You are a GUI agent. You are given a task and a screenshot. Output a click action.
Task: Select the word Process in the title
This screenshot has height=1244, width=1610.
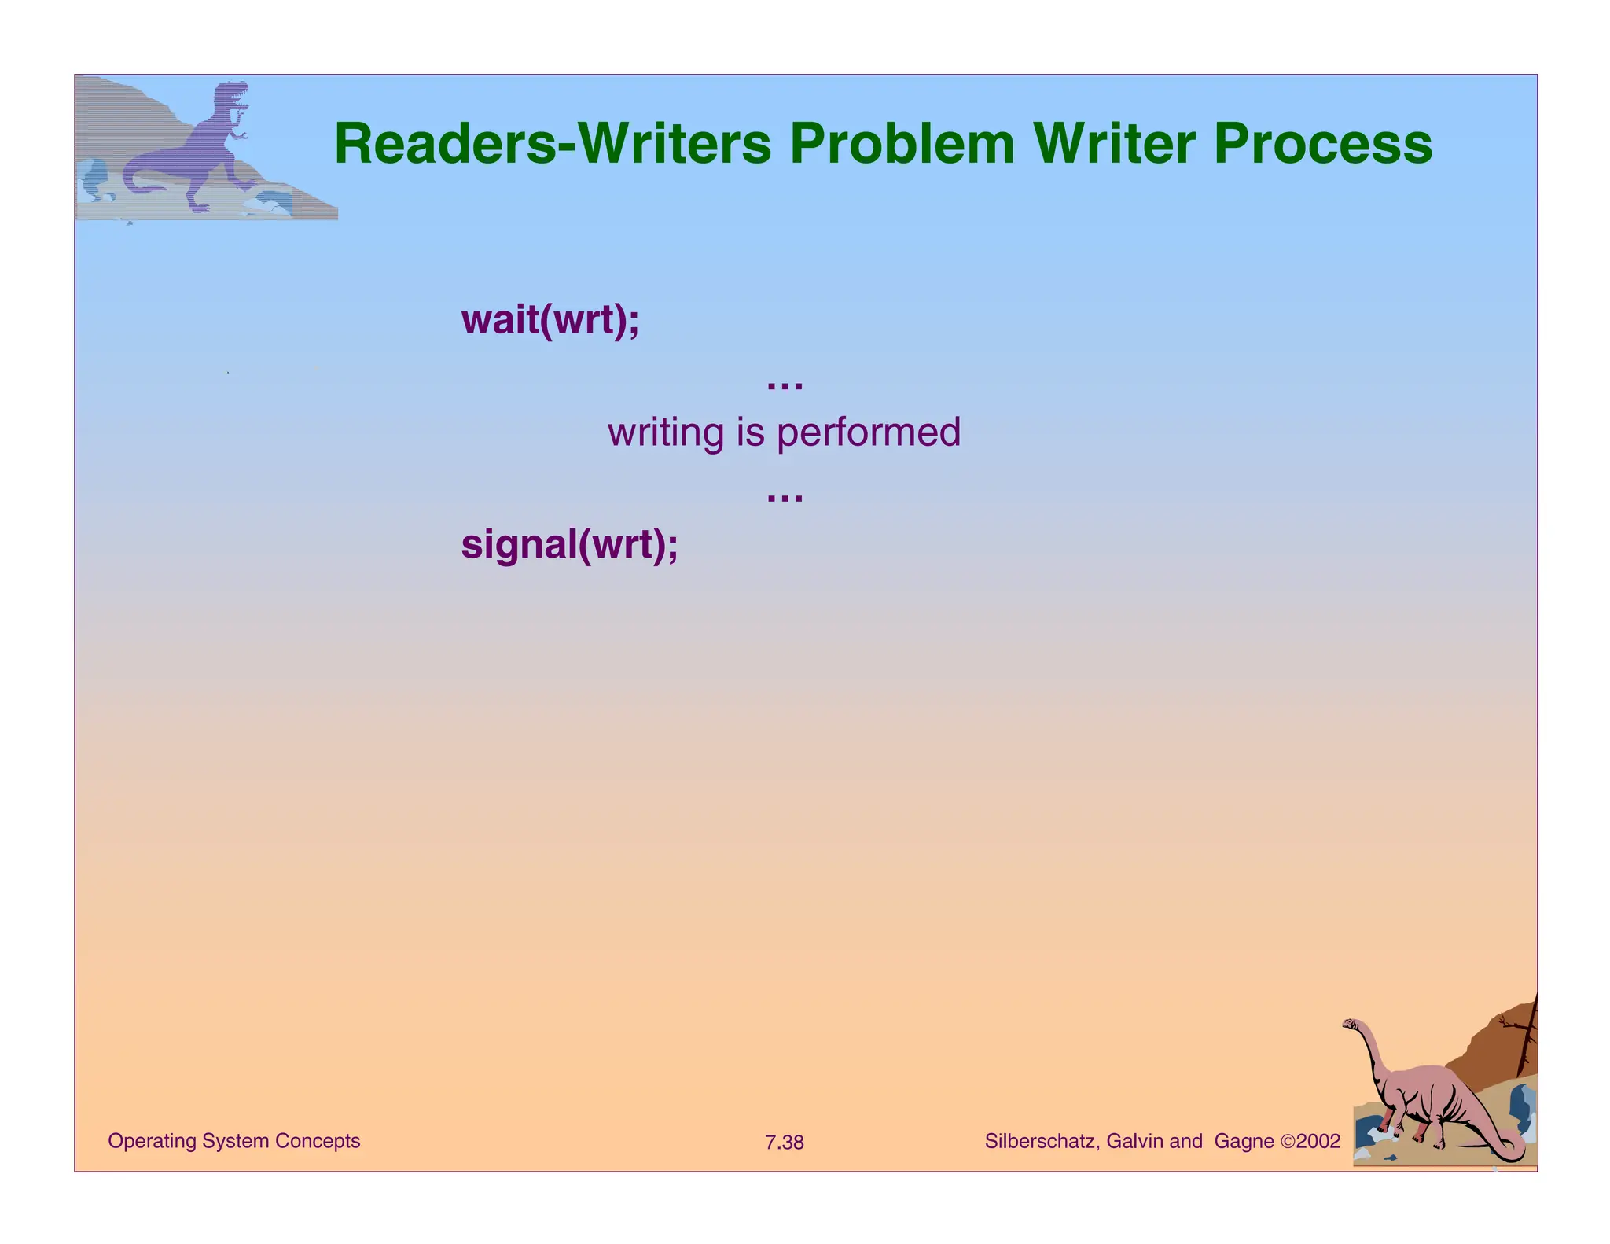pyautogui.click(x=1323, y=144)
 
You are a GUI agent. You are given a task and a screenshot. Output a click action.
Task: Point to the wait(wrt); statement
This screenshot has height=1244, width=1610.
pyautogui.click(x=550, y=319)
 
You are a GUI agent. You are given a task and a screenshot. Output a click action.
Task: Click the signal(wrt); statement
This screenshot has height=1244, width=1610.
pyautogui.click(x=569, y=544)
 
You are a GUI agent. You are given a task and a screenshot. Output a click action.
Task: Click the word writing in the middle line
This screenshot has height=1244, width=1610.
pyautogui.click(x=666, y=432)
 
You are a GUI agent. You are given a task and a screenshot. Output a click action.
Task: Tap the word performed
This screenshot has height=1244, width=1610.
pyautogui.click(x=869, y=432)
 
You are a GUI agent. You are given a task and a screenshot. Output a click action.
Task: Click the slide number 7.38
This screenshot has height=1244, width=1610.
pyautogui.click(x=785, y=1143)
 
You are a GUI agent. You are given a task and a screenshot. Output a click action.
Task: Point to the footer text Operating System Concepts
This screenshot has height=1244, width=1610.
pyautogui.click(x=233, y=1141)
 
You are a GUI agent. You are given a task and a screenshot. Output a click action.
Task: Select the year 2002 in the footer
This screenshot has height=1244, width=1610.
pyautogui.click(x=1318, y=1141)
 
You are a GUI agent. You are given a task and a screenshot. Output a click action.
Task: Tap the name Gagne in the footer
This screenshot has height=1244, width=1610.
pyautogui.click(x=1244, y=1141)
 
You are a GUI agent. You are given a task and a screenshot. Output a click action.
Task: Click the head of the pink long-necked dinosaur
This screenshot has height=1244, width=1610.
pyautogui.click(x=1351, y=1024)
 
